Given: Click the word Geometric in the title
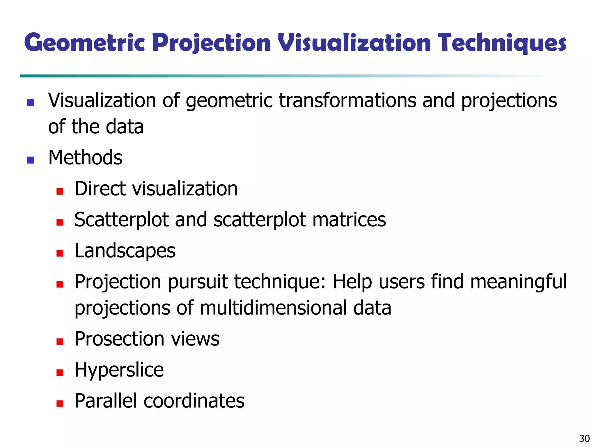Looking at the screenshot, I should (x=84, y=43).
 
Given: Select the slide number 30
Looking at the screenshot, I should (x=584, y=438).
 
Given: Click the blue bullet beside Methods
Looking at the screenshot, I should (x=30, y=160).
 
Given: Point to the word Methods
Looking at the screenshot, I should (x=85, y=158).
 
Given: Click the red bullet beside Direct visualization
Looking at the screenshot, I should (x=60, y=191).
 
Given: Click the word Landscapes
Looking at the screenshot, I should (x=125, y=251).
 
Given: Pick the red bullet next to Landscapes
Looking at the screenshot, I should (x=60, y=253).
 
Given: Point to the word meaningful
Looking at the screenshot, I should (x=518, y=282).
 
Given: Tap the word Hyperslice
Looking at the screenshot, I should (x=119, y=370).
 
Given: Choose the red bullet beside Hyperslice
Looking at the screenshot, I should (x=60, y=372).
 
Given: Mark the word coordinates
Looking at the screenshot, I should (x=194, y=401).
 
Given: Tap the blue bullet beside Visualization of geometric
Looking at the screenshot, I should (x=30, y=103).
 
